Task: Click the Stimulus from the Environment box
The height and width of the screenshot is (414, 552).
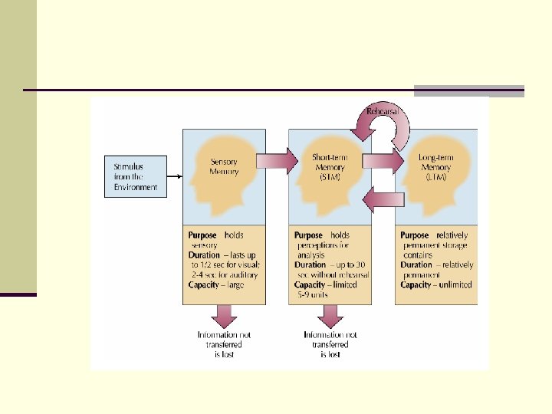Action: [135, 176]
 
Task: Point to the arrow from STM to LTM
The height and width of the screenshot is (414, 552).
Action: [383, 162]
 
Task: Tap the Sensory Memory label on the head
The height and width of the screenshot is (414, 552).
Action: [224, 166]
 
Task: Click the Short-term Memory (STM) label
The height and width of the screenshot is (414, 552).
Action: [330, 166]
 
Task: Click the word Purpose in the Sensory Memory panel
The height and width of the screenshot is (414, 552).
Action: [202, 235]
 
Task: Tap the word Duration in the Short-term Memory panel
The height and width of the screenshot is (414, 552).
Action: [310, 265]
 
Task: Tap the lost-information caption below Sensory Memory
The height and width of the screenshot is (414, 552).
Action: [224, 345]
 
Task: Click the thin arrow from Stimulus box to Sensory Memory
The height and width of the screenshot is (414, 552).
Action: [174, 177]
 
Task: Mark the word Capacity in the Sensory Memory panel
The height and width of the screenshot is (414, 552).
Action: [204, 285]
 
